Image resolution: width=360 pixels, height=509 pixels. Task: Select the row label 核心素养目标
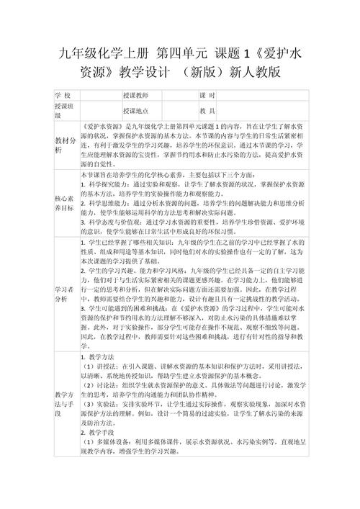pos(63,202)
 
